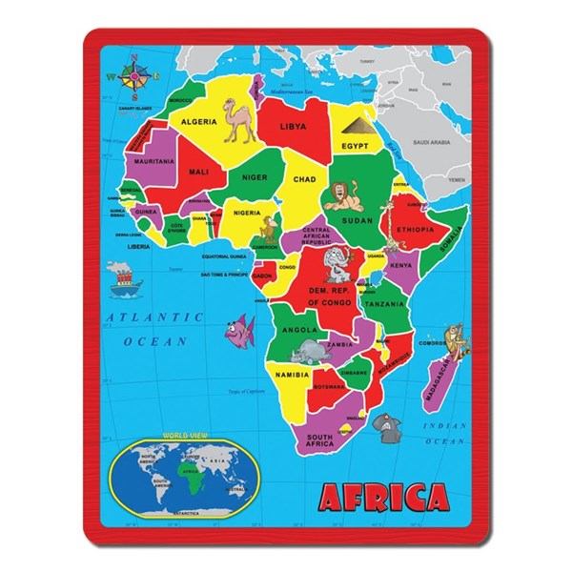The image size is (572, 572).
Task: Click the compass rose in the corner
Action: click(x=133, y=77)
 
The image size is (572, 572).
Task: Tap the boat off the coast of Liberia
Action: click(x=122, y=276)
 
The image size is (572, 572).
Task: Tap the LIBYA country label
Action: click(x=292, y=126)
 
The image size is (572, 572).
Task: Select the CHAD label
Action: click(x=304, y=178)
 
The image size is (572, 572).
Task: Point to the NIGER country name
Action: click(x=255, y=177)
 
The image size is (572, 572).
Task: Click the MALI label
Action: click(x=198, y=172)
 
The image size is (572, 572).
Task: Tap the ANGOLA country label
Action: click(x=297, y=330)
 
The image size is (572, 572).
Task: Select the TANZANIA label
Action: click(x=383, y=304)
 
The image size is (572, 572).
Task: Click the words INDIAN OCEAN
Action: click(x=444, y=435)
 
